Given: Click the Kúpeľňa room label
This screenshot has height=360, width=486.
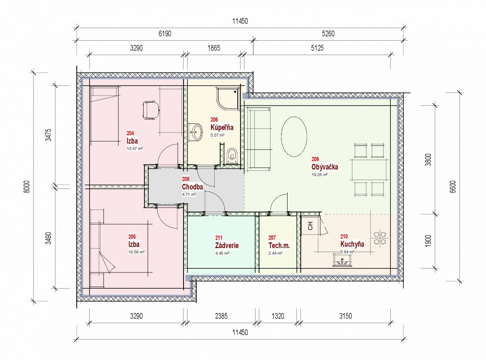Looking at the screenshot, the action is point(222,127).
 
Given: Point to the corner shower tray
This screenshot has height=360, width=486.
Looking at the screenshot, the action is point(228,99).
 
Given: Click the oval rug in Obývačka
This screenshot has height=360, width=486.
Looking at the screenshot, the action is point(294,137).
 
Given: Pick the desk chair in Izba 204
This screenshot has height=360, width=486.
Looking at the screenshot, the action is point(151,110).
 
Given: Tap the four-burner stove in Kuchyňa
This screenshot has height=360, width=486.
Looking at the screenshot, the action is point(380,238).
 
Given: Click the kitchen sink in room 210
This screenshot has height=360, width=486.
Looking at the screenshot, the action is point(342,260).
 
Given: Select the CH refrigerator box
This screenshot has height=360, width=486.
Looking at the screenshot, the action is point(310,226).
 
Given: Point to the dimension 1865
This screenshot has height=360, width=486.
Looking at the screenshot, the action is point(214,48).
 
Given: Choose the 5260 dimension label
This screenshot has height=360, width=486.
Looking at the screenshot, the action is point(328,34).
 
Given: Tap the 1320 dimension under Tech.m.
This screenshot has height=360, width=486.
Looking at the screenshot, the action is point(278,316).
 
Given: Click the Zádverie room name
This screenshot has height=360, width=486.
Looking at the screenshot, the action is point(227,246).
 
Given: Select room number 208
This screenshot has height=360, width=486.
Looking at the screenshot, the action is point(185,179).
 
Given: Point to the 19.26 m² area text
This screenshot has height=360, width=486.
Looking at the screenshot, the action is point(320,175).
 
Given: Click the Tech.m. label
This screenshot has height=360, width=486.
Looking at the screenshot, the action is point(279,246).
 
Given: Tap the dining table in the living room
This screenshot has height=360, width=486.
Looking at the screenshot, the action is point(369,170).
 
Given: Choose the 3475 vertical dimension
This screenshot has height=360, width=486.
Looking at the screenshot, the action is point(49,135).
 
